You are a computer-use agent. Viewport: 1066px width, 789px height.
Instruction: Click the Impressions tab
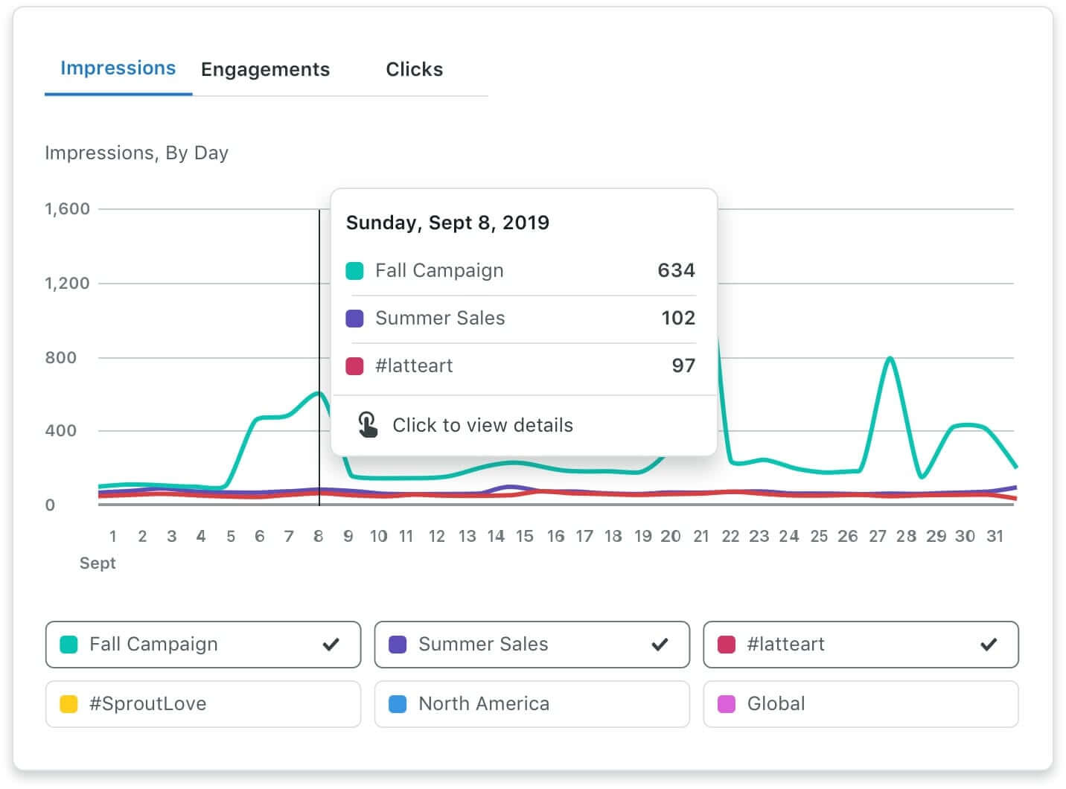pyautogui.click(x=118, y=68)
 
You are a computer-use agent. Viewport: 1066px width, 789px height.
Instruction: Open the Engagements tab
pyautogui.click(x=265, y=70)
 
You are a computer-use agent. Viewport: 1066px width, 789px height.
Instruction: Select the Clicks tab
pyautogui.click(x=414, y=70)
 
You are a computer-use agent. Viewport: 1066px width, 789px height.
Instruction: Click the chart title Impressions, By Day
pyautogui.click(x=136, y=153)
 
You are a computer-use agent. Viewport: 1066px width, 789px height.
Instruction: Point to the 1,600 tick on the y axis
pyautogui.click(x=67, y=209)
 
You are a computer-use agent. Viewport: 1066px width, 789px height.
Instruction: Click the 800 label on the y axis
pyautogui.click(x=60, y=357)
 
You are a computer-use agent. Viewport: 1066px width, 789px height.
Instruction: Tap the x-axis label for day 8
pyautogui.click(x=319, y=537)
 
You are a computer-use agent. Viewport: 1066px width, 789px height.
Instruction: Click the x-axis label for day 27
pyautogui.click(x=878, y=537)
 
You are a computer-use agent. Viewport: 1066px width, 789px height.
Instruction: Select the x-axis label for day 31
pyautogui.click(x=995, y=537)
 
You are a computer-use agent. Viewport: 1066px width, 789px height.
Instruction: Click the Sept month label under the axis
pyautogui.click(x=98, y=563)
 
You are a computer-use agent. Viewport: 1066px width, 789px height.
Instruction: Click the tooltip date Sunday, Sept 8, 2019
pyautogui.click(x=447, y=223)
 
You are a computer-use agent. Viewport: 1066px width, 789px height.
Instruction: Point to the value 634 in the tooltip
pyautogui.click(x=676, y=270)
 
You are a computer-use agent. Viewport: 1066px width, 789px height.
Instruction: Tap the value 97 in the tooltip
pyautogui.click(x=683, y=365)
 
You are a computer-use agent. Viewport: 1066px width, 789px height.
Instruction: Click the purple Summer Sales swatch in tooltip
pyautogui.click(x=355, y=319)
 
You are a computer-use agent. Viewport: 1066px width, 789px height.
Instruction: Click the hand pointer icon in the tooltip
pyautogui.click(x=367, y=424)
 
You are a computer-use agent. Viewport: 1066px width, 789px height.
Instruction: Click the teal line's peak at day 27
pyautogui.click(x=890, y=359)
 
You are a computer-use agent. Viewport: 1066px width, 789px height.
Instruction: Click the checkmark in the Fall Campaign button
pyautogui.click(x=331, y=645)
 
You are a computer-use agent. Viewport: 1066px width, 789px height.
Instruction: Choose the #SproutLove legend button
pyautogui.click(x=202, y=704)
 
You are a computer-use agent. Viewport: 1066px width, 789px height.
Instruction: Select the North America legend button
pyautogui.click(x=532, y=704)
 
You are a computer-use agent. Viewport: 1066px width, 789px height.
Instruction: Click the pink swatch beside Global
pyautogui.click(x=727, y=704)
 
